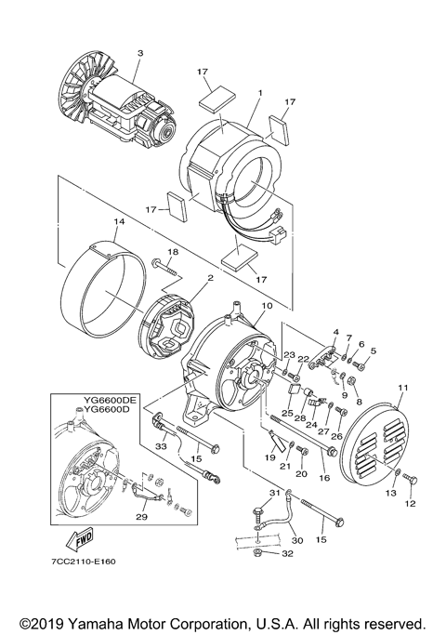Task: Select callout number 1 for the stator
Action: pos(261,93)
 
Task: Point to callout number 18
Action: pos(172,252)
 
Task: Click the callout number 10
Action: pos(267,305)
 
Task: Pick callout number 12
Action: pos(413,503)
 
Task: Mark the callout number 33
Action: pos(161,445)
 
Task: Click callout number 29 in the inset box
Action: pos(141,516)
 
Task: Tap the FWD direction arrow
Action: pos(82,537)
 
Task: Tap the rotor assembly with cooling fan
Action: pos(121,102)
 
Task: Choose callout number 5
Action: pos(374,351)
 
